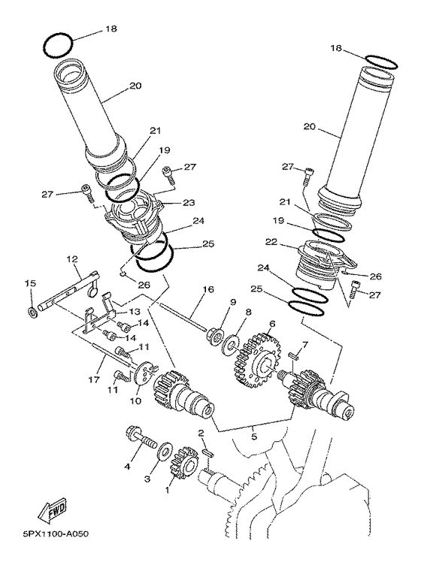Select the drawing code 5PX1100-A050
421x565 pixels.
point(46,536)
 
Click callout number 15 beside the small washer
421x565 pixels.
point(29,283)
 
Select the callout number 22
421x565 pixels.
point(271,242)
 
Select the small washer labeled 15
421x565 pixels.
point(33,310)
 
